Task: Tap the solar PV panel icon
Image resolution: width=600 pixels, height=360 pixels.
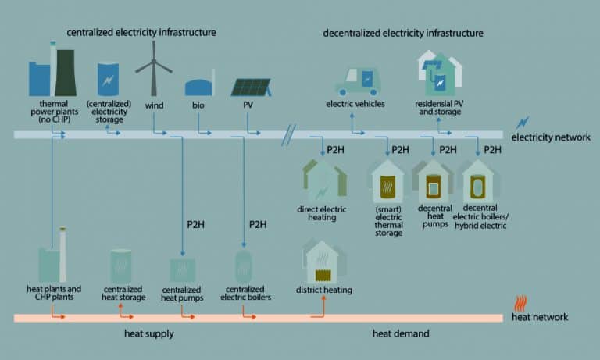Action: (x=251, y=87)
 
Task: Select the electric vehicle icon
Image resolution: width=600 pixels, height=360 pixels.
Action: (x=357, y=80)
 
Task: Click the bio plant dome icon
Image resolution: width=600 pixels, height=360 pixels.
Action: (x=200, y=86)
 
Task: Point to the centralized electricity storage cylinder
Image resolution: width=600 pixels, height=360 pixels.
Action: (x=109, y=79)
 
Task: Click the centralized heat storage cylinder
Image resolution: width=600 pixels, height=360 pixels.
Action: (x=121, y=266)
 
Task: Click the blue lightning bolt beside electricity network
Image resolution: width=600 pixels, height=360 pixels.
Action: (x=523, y=123)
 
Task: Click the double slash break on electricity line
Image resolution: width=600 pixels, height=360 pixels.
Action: (x=288, y=134)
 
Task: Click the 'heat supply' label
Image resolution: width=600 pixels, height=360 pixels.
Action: (x=148, y=334)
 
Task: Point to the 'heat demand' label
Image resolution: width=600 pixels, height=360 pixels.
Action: (x=400, y=334)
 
